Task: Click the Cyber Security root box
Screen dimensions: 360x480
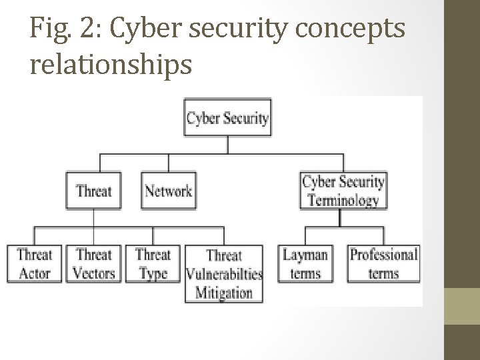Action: click(227, 118)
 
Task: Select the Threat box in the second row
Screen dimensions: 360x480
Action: click(93, 191)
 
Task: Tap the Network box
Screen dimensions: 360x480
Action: click(169, 191)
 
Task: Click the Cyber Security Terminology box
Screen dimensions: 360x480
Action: click(343, 191)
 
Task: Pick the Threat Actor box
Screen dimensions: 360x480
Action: click(34, 263)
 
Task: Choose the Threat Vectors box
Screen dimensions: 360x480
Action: click(94, 263)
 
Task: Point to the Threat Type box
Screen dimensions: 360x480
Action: click(153, 263)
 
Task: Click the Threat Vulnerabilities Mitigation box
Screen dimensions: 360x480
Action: click(224, 274)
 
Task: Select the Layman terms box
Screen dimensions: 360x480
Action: click(305, 263)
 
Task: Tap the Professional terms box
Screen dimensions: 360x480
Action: click(384, 263)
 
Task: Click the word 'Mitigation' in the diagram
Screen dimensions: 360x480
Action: click(224, 292)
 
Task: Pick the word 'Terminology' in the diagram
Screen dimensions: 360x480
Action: click(343, 200)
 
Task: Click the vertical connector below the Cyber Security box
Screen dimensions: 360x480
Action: click(227, 145)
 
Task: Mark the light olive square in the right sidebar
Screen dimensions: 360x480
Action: click(462, 306)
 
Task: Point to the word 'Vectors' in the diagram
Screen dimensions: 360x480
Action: click(94, 273)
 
